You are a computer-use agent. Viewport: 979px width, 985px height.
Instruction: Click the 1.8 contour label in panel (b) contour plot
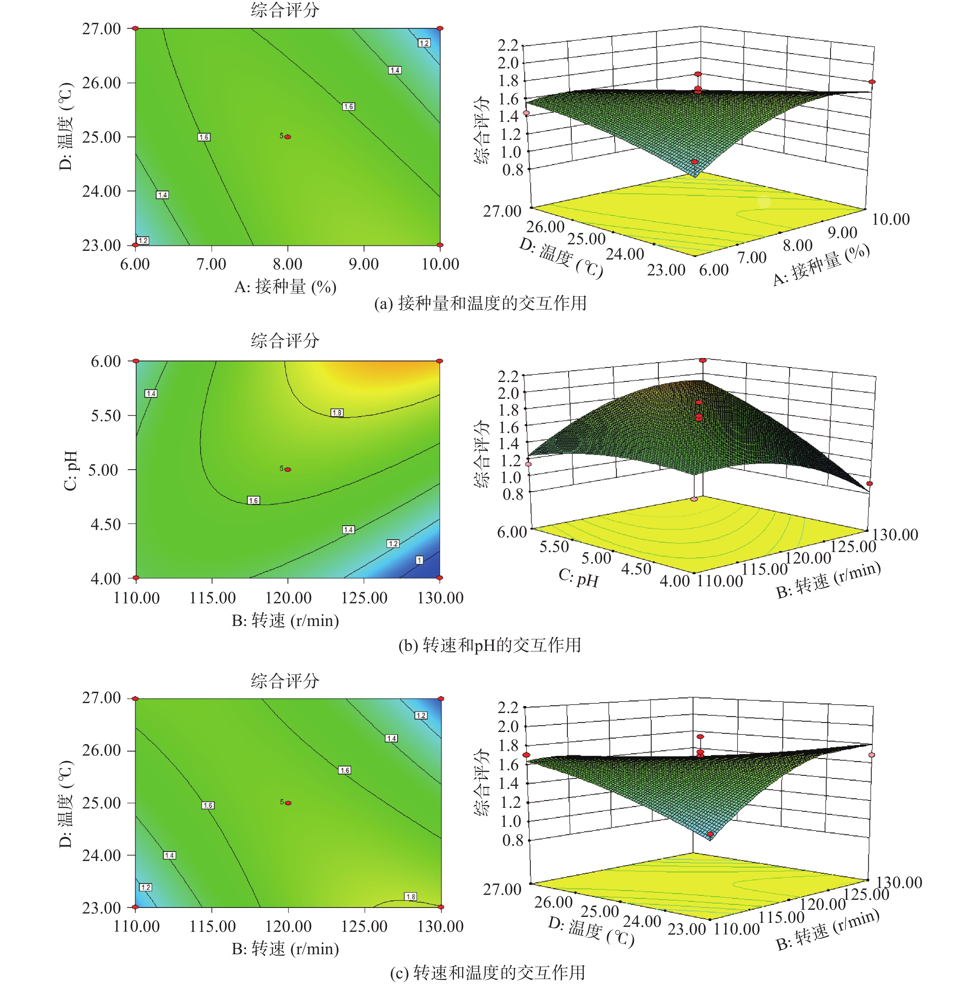[x=337, y=412]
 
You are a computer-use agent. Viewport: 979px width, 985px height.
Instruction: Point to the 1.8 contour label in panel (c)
[x=411, y=896]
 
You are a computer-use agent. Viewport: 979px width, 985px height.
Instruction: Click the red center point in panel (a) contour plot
[x=288, y=137]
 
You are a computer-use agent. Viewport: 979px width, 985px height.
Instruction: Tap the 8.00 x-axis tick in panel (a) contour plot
[x=287, y=264]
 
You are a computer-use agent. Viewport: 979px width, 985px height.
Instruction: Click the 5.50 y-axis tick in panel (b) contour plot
[x=106, y=416]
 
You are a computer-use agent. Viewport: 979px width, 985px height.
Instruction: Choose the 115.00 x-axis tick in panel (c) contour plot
[x=212, y=926]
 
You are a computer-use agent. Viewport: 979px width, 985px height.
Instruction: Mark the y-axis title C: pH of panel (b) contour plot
[x=70, y=470]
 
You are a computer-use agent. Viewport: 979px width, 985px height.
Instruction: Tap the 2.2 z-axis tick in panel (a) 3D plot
[x=508, y=45]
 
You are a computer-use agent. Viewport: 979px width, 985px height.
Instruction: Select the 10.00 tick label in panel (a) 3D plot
[x=891, y=219]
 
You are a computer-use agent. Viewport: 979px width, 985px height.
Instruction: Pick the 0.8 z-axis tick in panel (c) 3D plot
[x=513, y=840]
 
